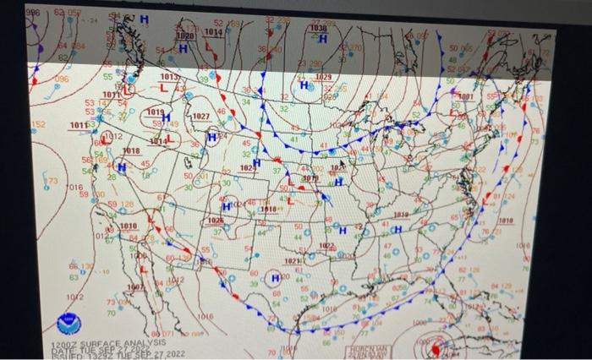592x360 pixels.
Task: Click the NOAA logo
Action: tap(65, 323)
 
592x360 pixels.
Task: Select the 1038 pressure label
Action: tap(317, 28)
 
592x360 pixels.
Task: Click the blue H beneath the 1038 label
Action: tap(322, 39)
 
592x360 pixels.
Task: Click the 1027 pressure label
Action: tap(201, 116)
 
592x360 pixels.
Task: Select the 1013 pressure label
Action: tap(171, 77)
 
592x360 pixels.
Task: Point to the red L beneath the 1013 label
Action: tap(166, 88)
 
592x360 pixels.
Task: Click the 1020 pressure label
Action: tap(184, 37)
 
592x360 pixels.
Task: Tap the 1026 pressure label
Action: tap(216, 220)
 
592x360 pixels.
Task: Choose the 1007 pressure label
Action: tap(135, 287)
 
